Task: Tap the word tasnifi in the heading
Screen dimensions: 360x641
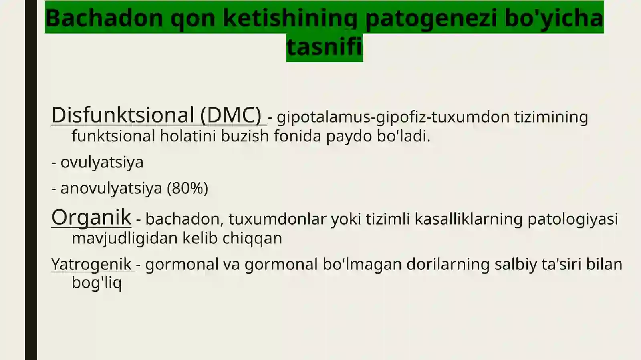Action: (324, 46)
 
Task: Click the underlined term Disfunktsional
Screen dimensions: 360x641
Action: (123, 115)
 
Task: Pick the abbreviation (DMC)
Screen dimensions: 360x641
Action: (231, 115)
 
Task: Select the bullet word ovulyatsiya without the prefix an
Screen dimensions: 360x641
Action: (102, 162)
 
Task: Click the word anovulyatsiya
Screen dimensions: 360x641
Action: (111, 188)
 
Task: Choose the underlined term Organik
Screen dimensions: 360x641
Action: (91, 217)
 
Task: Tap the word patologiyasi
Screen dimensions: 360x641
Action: (572, 219)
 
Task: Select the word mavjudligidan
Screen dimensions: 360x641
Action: (125, 238)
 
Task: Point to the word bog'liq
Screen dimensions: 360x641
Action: (97, 282)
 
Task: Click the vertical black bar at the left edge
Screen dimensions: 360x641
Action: (31, 180)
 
